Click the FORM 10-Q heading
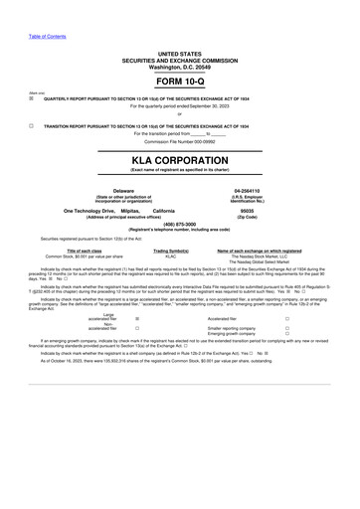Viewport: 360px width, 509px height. tap(179, 84)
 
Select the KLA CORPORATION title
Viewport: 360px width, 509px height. tap(179, 159)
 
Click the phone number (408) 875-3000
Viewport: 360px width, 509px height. tap(179, 224)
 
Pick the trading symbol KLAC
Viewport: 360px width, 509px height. tap(170, 255)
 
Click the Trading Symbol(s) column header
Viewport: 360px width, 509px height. tap(170, 250)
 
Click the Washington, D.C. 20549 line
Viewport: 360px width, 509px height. tap(179, 66)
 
